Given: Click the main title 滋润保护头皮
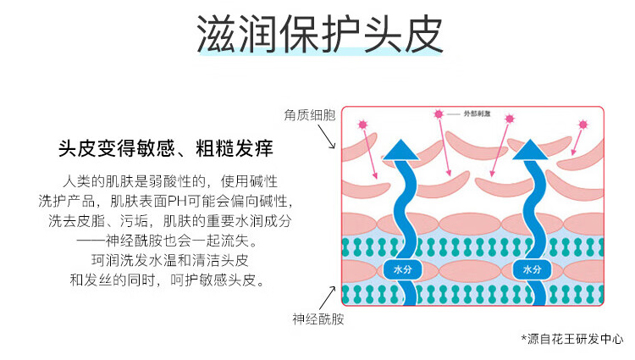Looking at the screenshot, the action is pos(318,33).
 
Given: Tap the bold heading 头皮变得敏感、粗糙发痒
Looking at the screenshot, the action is pos(165,149).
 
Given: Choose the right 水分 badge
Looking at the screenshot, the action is pos(532,269).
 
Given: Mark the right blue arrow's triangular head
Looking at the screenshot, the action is pos(532,149).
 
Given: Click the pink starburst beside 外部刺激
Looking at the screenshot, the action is pos(439,114).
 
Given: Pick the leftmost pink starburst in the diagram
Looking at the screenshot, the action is pos(363,125).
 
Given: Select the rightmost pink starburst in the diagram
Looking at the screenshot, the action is pos(582,125).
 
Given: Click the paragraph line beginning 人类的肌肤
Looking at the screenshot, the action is pos(170,181).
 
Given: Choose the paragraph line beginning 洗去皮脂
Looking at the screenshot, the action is pos(169,220).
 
